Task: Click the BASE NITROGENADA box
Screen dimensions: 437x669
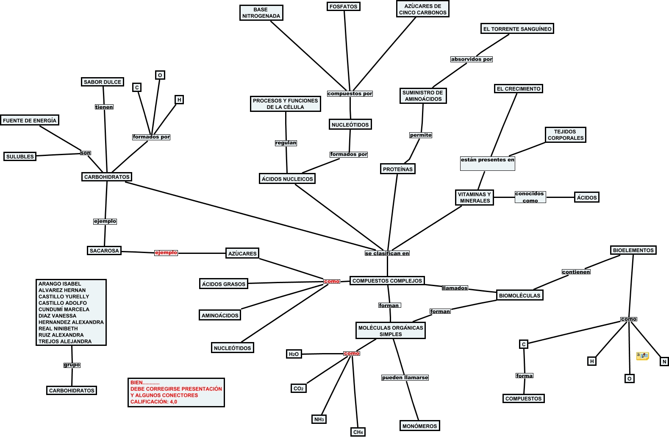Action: (x=261, y=13)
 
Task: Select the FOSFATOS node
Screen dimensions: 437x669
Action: (x=343, y=6)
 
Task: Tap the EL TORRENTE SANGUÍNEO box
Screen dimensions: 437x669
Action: (x=517, y=29)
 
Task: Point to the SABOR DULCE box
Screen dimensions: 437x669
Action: (x=102, y=82)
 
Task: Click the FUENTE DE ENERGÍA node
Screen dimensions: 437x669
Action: (x=29, y=120)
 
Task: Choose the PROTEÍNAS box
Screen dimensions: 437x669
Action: (x=397, y=169)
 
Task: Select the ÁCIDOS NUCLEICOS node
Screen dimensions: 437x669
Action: (x=287, y=179)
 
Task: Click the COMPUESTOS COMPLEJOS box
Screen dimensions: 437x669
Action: (x=387, y=281)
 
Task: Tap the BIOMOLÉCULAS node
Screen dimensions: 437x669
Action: (x=519, y=295)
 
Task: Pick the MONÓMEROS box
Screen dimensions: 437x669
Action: (x=419, y=426)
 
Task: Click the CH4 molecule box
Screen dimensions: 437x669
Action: (x=358, y=432)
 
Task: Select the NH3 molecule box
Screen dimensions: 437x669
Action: (x=319, y=419)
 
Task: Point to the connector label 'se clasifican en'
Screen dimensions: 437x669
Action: (x=387, y=253)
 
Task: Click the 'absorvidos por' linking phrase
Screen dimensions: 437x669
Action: (x=472, y=59)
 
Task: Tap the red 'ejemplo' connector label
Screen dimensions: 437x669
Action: (x=166, y=253)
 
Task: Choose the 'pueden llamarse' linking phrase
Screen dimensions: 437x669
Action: (x=405, y=378)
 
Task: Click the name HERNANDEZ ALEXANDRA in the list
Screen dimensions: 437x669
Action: (x=71, y=322)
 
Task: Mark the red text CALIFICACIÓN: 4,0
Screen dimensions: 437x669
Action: (x=154, y=402)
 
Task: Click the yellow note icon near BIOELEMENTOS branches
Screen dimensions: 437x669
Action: (x=642, y=356)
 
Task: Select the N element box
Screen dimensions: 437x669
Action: (x=664, y=362)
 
